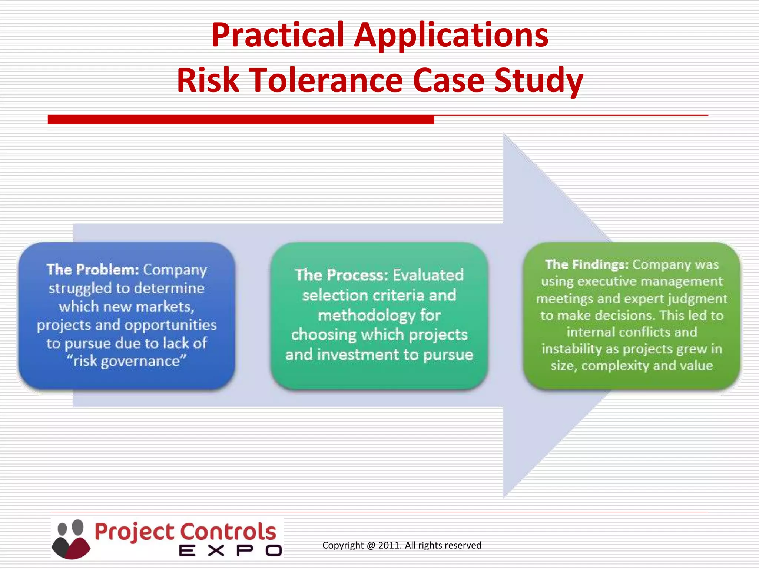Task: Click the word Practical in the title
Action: [x=278, y=35]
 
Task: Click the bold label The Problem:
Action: [x=93, y=270]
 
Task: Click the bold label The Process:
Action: [x=341, y=275]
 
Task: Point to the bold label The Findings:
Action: [x=587, y=264]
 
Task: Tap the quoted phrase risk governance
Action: [x=126, y=361]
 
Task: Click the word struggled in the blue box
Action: [x=80, y=289]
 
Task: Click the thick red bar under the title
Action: [x=241, y=120]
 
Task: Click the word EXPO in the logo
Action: [x=230, y=550]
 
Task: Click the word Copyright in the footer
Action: [x=343, y=545]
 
